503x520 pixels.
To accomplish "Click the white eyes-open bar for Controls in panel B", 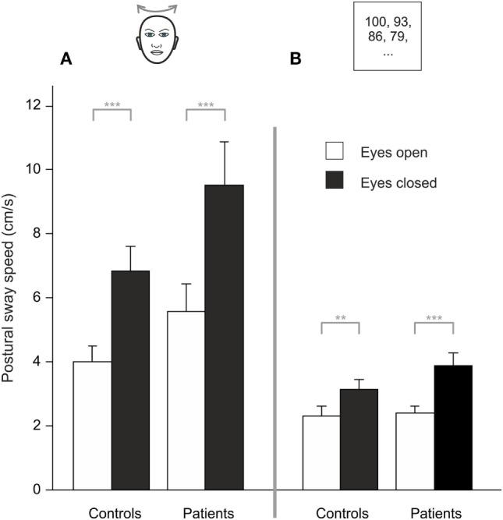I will [321, 453].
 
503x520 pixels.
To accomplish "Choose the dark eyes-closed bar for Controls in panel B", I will [359, 440].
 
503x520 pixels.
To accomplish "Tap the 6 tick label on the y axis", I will [37, 298].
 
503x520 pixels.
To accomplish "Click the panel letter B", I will [296, 58].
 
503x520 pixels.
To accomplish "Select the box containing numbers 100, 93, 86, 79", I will [388, 37].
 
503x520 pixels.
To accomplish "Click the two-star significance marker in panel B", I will [340, 318].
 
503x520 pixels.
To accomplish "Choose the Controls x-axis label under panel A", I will [114, 513].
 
